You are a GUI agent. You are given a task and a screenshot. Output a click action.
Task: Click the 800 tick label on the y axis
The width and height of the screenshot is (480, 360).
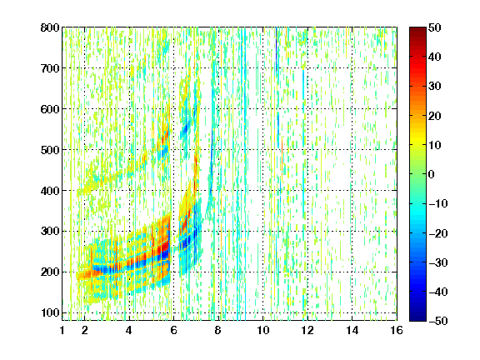(x=50, y=27)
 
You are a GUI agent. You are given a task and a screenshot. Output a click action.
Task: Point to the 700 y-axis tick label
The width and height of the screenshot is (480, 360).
(x=50, y=68)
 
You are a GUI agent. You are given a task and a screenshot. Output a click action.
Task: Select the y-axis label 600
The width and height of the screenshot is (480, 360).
(x=50, y=109)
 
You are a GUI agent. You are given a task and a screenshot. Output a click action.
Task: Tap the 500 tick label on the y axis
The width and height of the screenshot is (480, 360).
(x=50, y=150)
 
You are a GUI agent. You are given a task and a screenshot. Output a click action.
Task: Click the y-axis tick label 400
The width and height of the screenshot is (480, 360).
(x=50, y=191)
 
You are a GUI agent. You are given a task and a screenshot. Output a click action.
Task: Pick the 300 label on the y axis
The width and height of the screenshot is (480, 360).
(x=50, y=231)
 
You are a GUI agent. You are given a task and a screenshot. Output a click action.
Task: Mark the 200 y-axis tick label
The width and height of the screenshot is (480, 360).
(x=50, y=272)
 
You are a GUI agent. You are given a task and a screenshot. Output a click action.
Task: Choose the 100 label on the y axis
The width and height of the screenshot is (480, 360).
(x=50, y=312)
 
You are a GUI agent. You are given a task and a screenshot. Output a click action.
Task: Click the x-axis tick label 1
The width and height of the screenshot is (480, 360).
(x=62, y=330)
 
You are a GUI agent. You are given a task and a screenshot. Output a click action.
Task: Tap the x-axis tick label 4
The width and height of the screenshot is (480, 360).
(x=129, y=330)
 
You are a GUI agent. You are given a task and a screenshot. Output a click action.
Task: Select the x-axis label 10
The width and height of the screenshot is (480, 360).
(x=263, y=330)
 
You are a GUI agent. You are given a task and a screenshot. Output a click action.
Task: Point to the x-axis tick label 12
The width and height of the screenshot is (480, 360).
(x=307, y=330)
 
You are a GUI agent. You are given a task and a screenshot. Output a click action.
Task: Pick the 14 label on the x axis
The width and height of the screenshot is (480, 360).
(x=352, y=330)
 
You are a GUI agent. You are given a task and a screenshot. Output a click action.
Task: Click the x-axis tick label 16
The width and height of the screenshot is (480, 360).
(x=397, y=330)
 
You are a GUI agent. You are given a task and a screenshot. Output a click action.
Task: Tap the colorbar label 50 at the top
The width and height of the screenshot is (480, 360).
(x=435, y=27)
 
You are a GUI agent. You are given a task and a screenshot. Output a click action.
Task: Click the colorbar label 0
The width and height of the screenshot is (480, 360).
(x=432, y=174)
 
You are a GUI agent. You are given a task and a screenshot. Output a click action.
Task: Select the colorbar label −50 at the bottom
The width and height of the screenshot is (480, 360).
(x=438, y=321)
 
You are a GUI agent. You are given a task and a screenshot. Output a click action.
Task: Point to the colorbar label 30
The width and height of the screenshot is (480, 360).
(x=435, y=87)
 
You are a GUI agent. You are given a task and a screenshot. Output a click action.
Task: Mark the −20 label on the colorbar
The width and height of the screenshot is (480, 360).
(x=438, y=233)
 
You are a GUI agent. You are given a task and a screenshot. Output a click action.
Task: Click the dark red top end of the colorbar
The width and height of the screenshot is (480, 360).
(x=417, y=29)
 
